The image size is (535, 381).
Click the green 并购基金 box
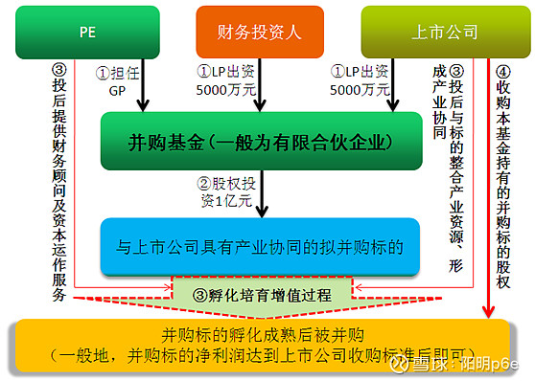261,143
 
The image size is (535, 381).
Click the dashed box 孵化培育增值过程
261,291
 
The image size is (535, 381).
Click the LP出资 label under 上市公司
361,80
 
